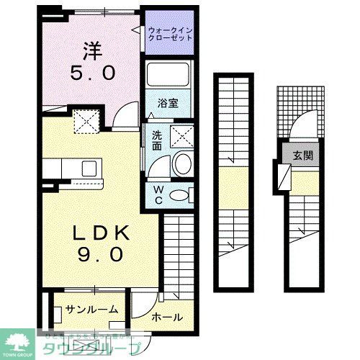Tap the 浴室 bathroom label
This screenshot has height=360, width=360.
[168, 102]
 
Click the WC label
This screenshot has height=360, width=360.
[158, 194]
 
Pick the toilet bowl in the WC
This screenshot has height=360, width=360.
[182, 194]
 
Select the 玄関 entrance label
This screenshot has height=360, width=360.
[302, 156]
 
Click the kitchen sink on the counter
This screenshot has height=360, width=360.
[90, 168]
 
